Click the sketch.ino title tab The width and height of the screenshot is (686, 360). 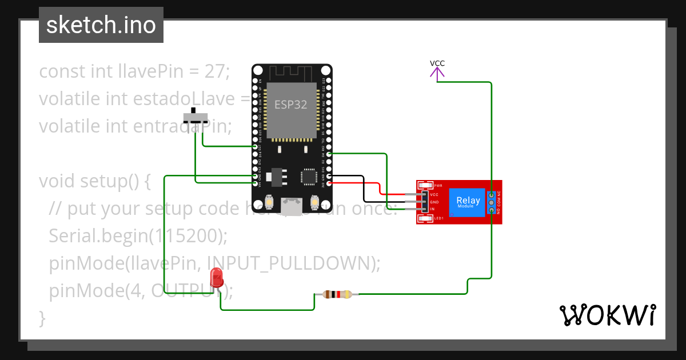[x=101, y=25]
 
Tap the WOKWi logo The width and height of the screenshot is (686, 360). [x=607, y=315]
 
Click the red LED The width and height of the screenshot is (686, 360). [x=217, y=278]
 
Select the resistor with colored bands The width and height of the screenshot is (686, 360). [x=337, y=295]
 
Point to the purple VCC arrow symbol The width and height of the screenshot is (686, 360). [x=437, y=73]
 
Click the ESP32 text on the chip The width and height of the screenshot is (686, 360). [x=290, y=105]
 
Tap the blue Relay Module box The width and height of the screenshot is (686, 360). [x=468, y=202]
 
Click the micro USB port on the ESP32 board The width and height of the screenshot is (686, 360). [x=292, y=207]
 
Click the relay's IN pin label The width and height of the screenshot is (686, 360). [x=432, y=209]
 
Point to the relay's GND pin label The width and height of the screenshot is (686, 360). [x=434, y=202]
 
